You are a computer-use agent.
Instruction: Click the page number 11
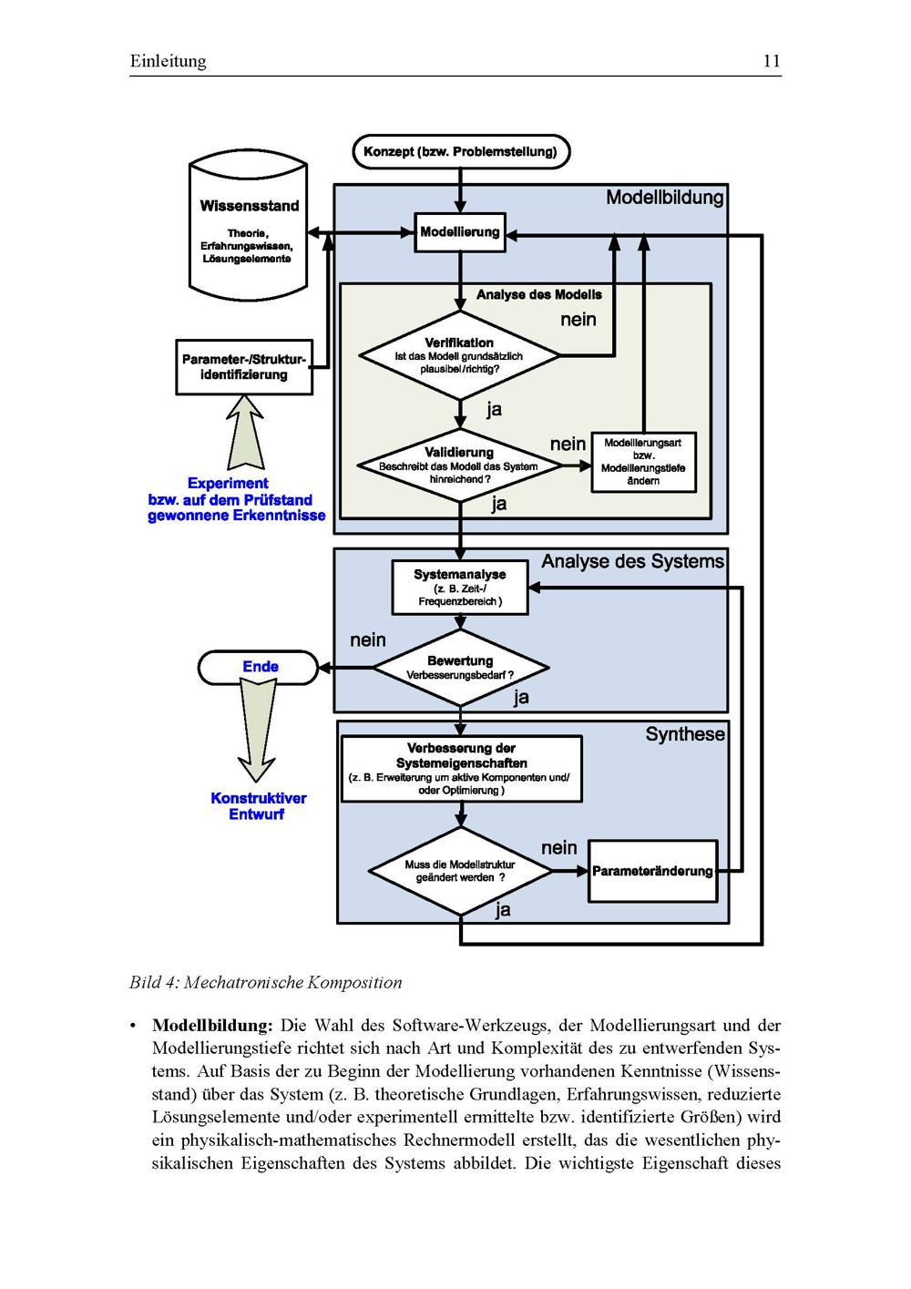pos(771,61)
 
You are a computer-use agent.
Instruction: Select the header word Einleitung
pos(169,61)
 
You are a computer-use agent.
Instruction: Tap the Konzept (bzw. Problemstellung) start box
pos(460,151)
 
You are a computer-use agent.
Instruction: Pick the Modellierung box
pos(460,232)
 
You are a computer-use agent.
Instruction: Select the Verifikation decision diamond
pos(460,355)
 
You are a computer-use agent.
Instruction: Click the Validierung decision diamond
pos(460,465)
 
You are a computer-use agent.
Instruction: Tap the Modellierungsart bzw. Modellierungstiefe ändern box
pos(643,461)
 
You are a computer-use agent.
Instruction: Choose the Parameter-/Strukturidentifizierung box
pos(244,367)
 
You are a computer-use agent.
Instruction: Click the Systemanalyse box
pos(460,588)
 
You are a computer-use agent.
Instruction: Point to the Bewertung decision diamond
pos(460,668)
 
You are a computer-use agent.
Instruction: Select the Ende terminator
pos(260,668)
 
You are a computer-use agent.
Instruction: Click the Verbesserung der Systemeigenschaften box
pos(461,769)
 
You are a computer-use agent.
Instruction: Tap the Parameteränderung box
pos(652,871)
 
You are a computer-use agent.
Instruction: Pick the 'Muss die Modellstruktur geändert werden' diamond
pos(460,871)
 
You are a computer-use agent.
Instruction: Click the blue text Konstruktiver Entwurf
pos(258,806)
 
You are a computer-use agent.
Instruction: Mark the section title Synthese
pos(685,734)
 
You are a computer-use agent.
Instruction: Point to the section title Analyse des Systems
pos(633,561)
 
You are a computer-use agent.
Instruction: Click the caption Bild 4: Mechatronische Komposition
pos(265,982)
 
